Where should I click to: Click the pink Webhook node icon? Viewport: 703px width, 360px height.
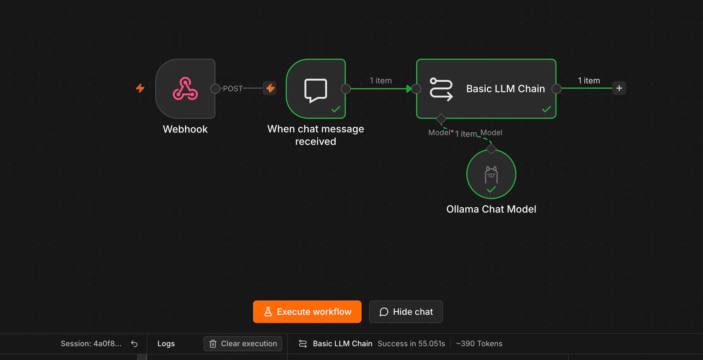tap(185, 89)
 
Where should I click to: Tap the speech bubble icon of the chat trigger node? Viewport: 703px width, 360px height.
tap(315, 90)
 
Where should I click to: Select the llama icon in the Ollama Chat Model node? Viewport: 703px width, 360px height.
tap(491, 174)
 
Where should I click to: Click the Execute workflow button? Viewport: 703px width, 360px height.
tap(307, 312)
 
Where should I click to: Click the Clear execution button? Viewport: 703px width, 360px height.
tap(243, 344)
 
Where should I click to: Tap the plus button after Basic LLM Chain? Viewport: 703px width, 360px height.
tap(619, 88)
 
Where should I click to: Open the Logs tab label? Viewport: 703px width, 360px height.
tap(166, 344)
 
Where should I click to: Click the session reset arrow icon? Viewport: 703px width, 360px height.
tap(134, 344)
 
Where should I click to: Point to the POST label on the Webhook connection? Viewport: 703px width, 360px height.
tap(233, 89)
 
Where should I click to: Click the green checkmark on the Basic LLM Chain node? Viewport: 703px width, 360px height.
tap(546, 109)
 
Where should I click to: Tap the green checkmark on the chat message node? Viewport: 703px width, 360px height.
tap(336, 109)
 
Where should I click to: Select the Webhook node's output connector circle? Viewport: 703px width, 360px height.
tap(215, 89)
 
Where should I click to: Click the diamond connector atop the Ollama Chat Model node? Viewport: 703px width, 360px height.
tap(491, 149)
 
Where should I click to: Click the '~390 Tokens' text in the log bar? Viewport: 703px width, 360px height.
tap(479, 344)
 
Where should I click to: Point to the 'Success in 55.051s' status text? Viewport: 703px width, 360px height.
tap(411, 344)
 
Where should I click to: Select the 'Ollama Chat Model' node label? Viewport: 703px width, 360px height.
tap(491, 209)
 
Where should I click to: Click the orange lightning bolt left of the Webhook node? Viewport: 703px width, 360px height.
tap(140, 88)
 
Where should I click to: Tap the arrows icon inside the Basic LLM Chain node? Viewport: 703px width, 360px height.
tap(441, 90)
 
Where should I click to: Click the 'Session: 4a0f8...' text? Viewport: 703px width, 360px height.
tap(91, 344)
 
